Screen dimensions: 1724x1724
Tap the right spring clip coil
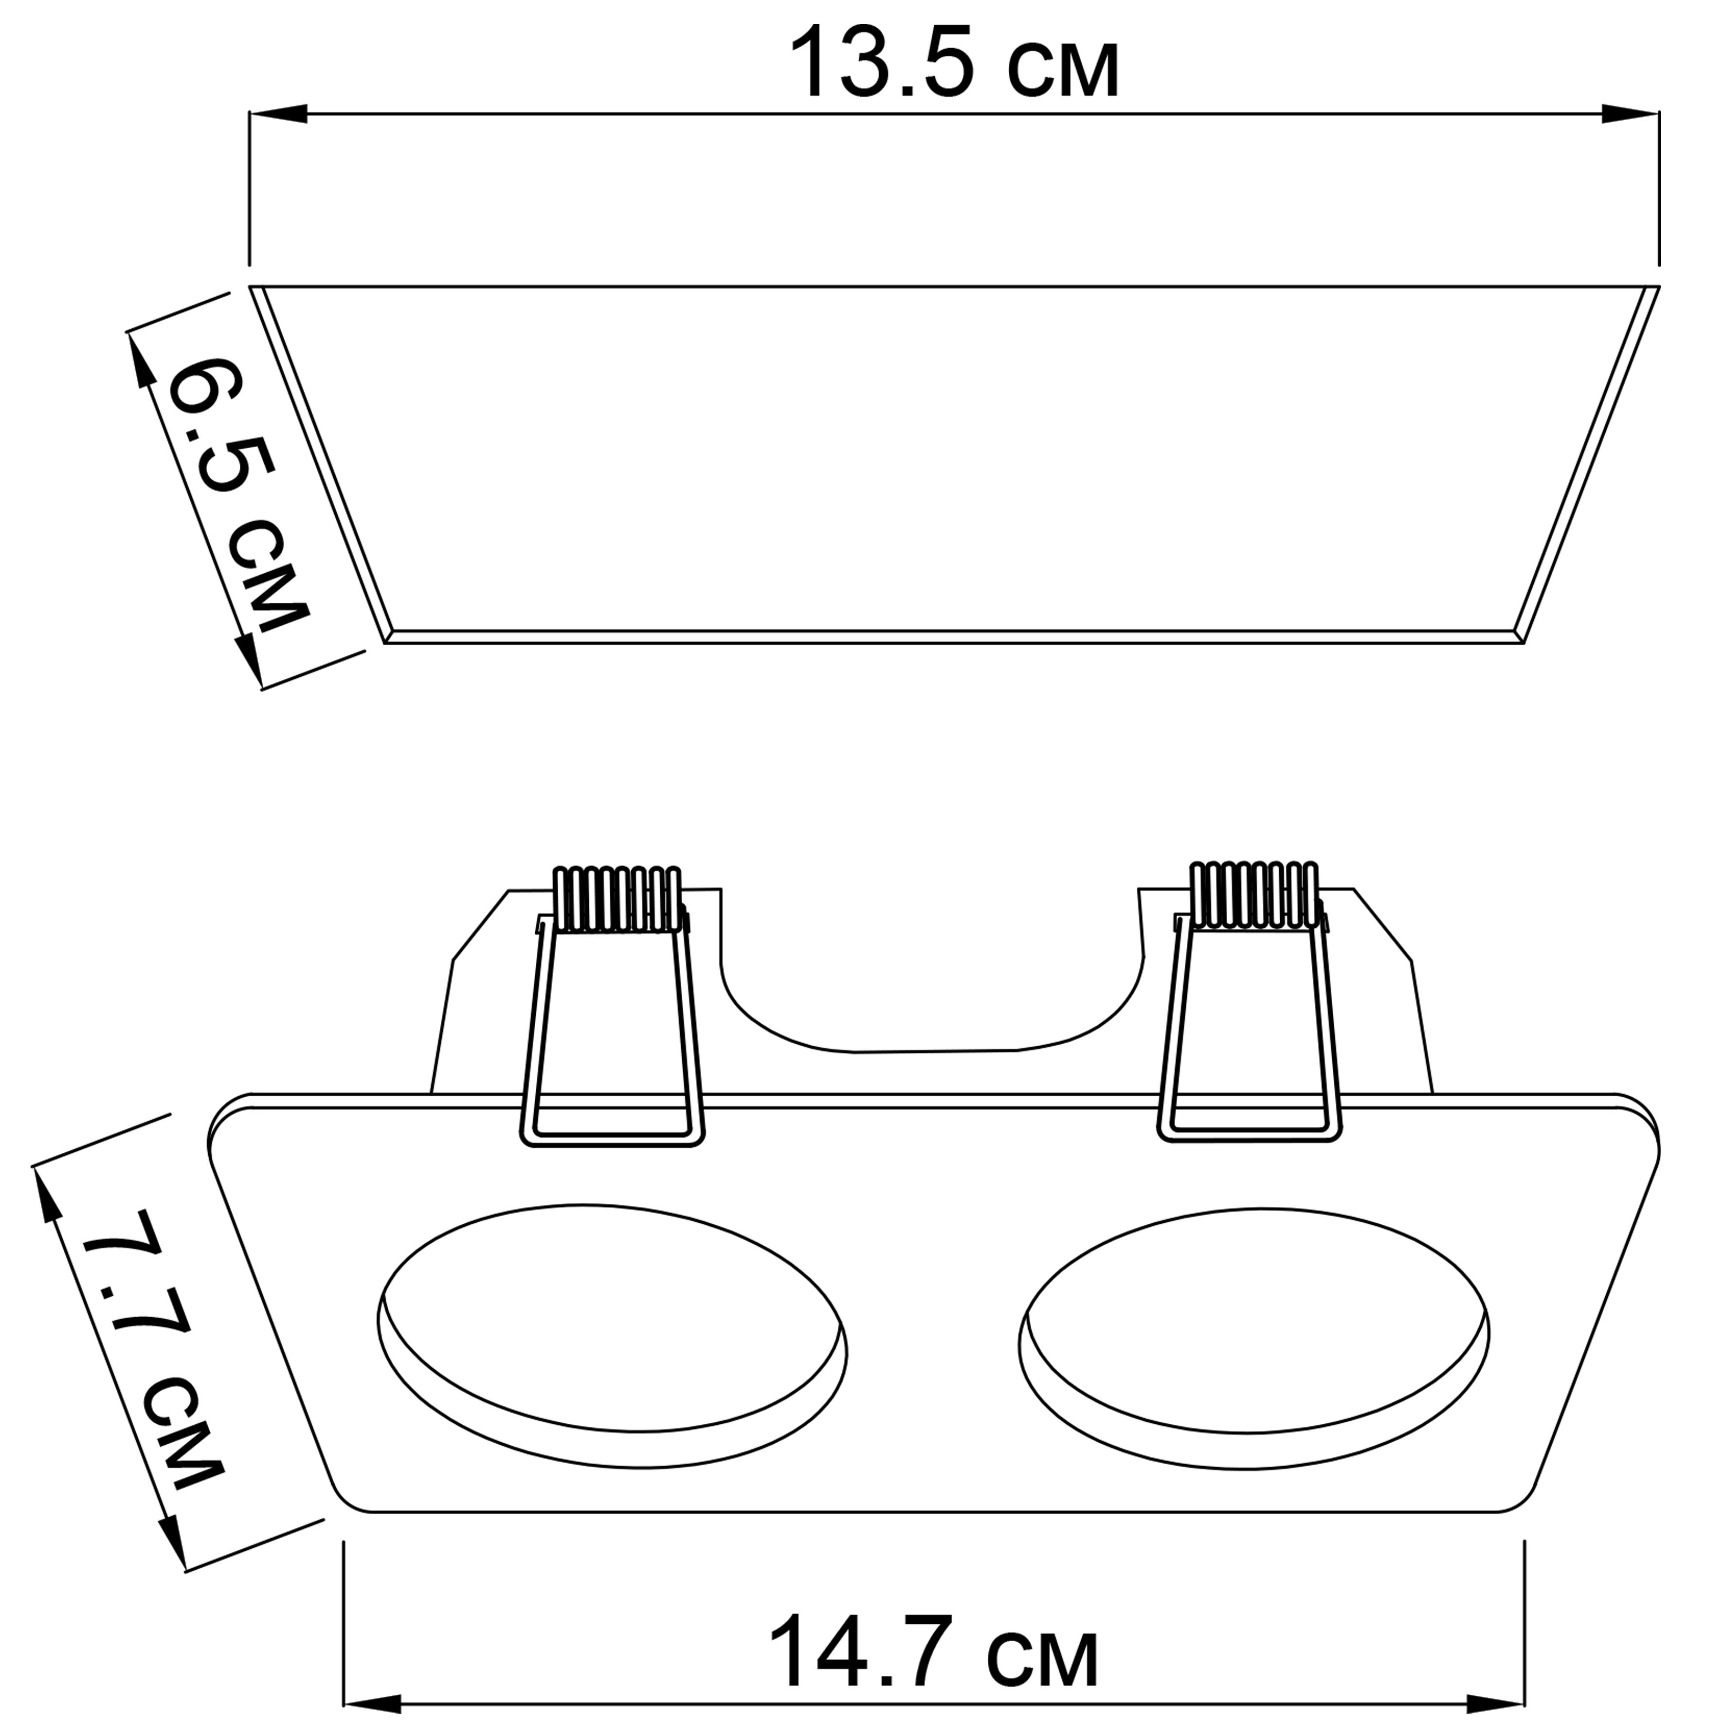[1254, 896]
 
